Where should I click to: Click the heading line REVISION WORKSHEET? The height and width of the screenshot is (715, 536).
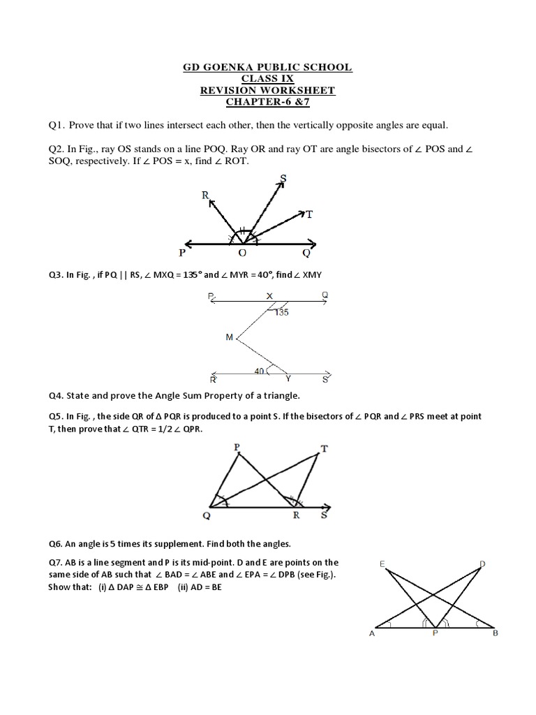point(268,90)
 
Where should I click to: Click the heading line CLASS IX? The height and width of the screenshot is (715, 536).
point(268,79)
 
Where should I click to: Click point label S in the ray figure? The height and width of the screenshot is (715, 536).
point(283,179)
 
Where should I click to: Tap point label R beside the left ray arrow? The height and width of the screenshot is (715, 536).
point(205,197)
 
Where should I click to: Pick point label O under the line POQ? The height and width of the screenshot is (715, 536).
point(243,253)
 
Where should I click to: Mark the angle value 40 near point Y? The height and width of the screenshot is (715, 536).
point(260,371)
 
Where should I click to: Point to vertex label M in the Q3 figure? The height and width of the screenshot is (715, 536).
point(229,337)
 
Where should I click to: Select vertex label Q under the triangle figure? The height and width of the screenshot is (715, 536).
point(206,517)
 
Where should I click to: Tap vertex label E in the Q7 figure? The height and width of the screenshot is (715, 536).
point(382,563)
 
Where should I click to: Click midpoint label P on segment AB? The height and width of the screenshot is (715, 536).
point(434,635)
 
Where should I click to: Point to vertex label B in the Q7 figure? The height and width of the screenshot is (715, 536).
point(495,634)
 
